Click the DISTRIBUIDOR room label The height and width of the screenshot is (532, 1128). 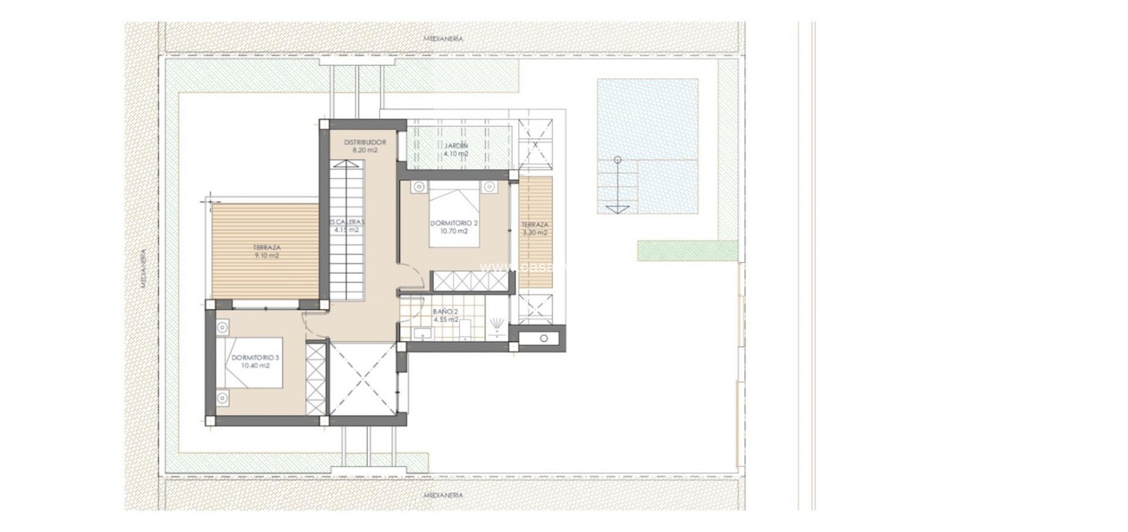[364, 142]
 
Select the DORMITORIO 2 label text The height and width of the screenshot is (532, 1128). [454, 223]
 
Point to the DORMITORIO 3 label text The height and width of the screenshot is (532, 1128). [255, 358]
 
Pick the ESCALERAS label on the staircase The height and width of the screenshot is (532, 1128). [346, 222]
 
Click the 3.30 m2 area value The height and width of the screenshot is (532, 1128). [535, 233]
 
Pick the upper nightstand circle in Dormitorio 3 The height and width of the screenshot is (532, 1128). [222, 328]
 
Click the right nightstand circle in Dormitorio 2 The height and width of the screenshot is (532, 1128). [489, 186]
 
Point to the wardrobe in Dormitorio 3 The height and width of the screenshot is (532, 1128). [315, 379]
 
